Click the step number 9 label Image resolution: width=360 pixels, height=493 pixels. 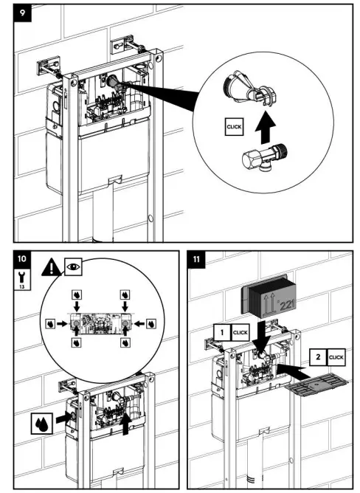click(x=23, y=13)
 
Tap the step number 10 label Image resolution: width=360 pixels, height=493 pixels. click(x=22, y=259)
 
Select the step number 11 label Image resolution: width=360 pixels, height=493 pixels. click(x=196, y=259)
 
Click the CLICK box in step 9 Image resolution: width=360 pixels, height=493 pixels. click(x=235, y=127)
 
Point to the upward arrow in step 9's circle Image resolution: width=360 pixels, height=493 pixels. click(x=265, y=128)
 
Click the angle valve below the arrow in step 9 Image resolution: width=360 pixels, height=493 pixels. click(x=264, y=157)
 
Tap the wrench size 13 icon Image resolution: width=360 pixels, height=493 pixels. click(x=23, y=279)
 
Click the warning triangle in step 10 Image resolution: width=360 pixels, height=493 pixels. click(x=52, y=268)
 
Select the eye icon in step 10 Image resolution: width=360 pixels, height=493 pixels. click(x=73, y=267)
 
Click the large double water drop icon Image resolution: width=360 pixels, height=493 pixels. click(x=42, y=423)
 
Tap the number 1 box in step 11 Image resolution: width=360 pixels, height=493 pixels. click(x=222, y=332)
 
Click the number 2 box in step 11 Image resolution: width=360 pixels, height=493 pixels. click(x=318, y=357)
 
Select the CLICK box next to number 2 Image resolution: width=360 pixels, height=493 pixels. click(x=336, y=357)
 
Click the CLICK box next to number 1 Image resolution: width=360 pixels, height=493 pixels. click(x=240, y=332)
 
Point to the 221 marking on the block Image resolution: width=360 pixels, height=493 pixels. click(x=285, y=305)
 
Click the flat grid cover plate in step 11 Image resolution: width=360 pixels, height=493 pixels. click(x=317, y=385)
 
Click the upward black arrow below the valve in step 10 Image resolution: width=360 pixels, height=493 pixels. click(x=125, y=423)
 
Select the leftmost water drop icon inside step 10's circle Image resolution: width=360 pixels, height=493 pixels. click(x=51, y=323)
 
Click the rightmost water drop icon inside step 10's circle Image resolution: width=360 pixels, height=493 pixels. click(x=151, y=323)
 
